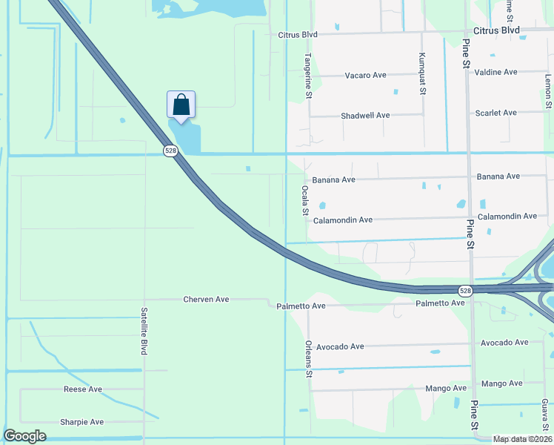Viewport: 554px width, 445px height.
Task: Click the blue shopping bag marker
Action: coord(181,106)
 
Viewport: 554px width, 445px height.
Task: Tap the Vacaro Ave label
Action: coord(366,76)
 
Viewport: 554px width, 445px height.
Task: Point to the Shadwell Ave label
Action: coord(365,116)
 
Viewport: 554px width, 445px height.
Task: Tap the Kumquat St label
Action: coord(422,74)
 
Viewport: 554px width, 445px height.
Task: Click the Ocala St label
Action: coord(304,200)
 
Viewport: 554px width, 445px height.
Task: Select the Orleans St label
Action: coord(308,358)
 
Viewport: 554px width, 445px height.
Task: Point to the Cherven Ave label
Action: coord(206,300)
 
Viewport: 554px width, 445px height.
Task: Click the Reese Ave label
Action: coord(82,389)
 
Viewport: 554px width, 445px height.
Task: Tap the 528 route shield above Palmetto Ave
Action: coord(464,291)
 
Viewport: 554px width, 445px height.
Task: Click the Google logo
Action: coord(24,436)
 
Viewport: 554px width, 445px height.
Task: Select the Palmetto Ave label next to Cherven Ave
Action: coord(301,306)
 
